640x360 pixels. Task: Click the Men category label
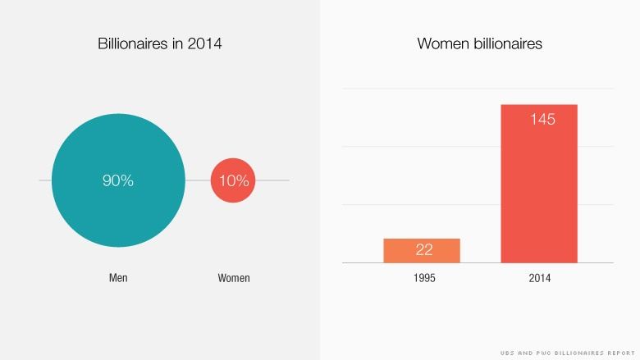click(x=118, y=278)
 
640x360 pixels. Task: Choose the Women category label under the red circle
click(x=234, y=278)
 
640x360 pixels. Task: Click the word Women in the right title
click(x=441, y=43)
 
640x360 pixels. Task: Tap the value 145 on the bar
click(x=542, y=120)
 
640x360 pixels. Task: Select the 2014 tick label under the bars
click(x=540, y=278)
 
